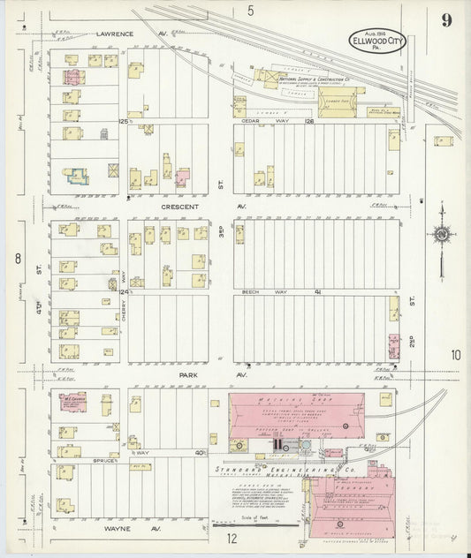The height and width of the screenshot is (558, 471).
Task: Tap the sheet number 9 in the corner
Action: pos(450,19)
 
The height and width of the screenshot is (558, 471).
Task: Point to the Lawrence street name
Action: pos(114,34)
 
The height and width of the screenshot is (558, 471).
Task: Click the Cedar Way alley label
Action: pos(254,121)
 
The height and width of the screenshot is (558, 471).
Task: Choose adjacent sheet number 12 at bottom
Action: pos(232,537)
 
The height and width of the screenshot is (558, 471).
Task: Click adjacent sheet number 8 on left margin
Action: pos(16,259)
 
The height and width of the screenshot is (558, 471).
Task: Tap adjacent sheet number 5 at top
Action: pos(250,11)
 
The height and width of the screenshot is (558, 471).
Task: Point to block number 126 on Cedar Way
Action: pos(309,121)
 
